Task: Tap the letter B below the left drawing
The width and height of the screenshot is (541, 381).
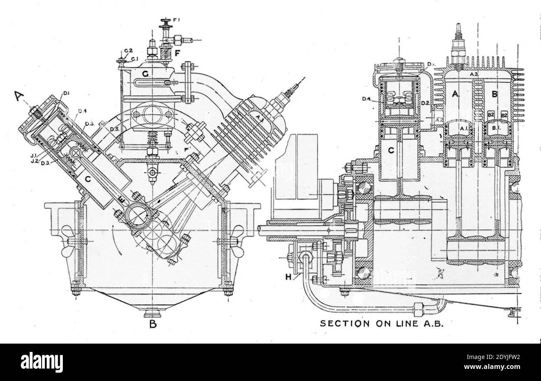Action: (x=153, y=324)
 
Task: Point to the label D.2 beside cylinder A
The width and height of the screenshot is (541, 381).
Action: (x=425, y=103)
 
